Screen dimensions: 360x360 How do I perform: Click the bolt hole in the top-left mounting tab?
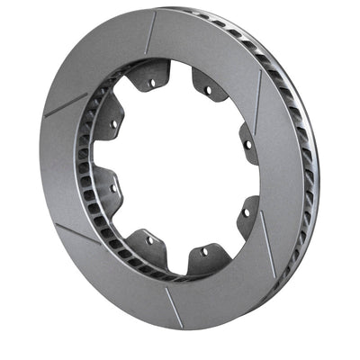pyautogui.click(x=151, y=83)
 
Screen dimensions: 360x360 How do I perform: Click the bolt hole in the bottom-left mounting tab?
pyautogui.click(x=148, y=241)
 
